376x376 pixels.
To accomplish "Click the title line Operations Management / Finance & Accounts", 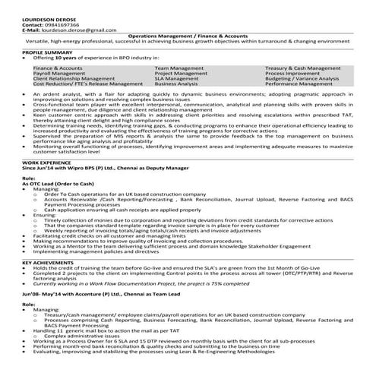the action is pyautogui.click(x=188, y=36).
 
